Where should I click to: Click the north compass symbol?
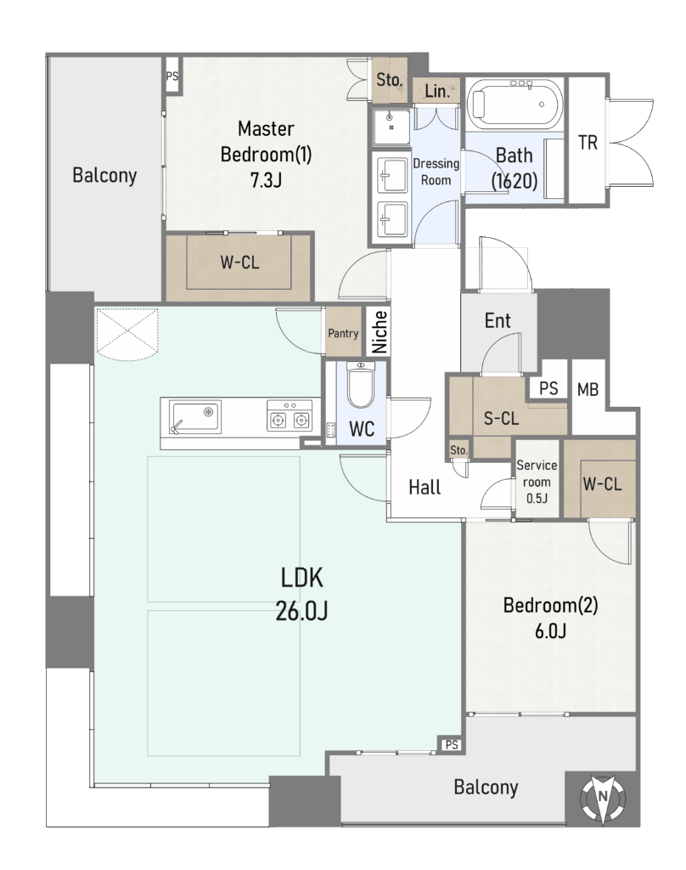pos(603,798)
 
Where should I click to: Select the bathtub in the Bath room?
pos(514,104)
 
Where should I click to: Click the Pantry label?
pos(343,333)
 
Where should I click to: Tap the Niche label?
pos(380,332)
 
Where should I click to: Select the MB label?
pos(588,389)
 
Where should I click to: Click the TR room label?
pos(588,143)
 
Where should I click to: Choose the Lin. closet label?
pos(437,91)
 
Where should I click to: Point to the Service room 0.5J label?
pos(537,481)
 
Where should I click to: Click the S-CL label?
pos(501,418)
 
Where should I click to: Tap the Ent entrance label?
pos(498,320)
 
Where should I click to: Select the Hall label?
pos(425,487)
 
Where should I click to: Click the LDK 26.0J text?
pos(301,594)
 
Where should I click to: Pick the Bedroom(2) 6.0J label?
pos(551,618)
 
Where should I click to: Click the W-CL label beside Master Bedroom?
pos(239,262)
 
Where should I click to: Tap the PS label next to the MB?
pos(548,387)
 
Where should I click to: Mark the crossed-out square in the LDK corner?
pos(127,332)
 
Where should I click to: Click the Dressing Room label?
pos(436,172)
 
